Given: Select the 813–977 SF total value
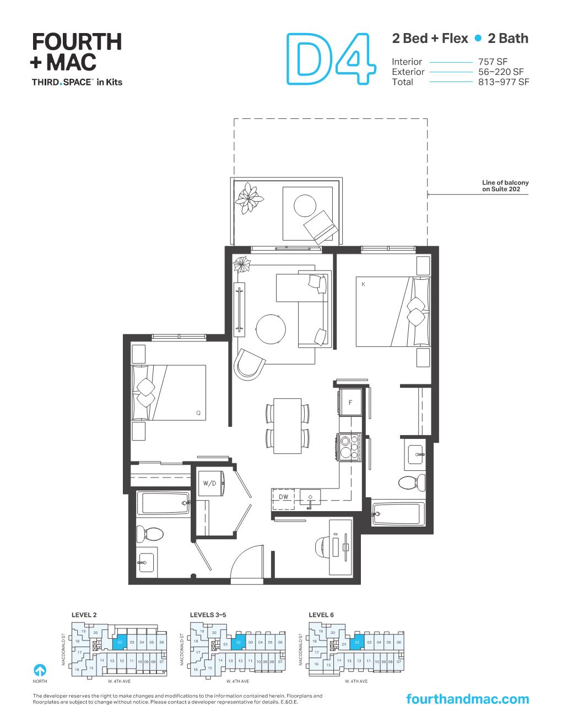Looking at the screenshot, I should pos(503,82).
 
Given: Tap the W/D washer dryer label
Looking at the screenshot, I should pos(209,484).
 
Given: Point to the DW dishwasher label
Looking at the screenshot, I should pos(284,497).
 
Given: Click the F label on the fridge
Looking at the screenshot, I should pos(350,403).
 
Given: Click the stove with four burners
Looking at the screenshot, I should pos(348,447).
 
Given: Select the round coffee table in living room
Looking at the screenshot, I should pos(271,328).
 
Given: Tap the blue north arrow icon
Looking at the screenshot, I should pos(40,670).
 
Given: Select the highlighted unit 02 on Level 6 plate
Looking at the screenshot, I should pos(358,643).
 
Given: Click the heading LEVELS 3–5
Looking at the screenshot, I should pos(208,615).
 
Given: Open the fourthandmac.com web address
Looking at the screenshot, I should pos(467,699).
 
